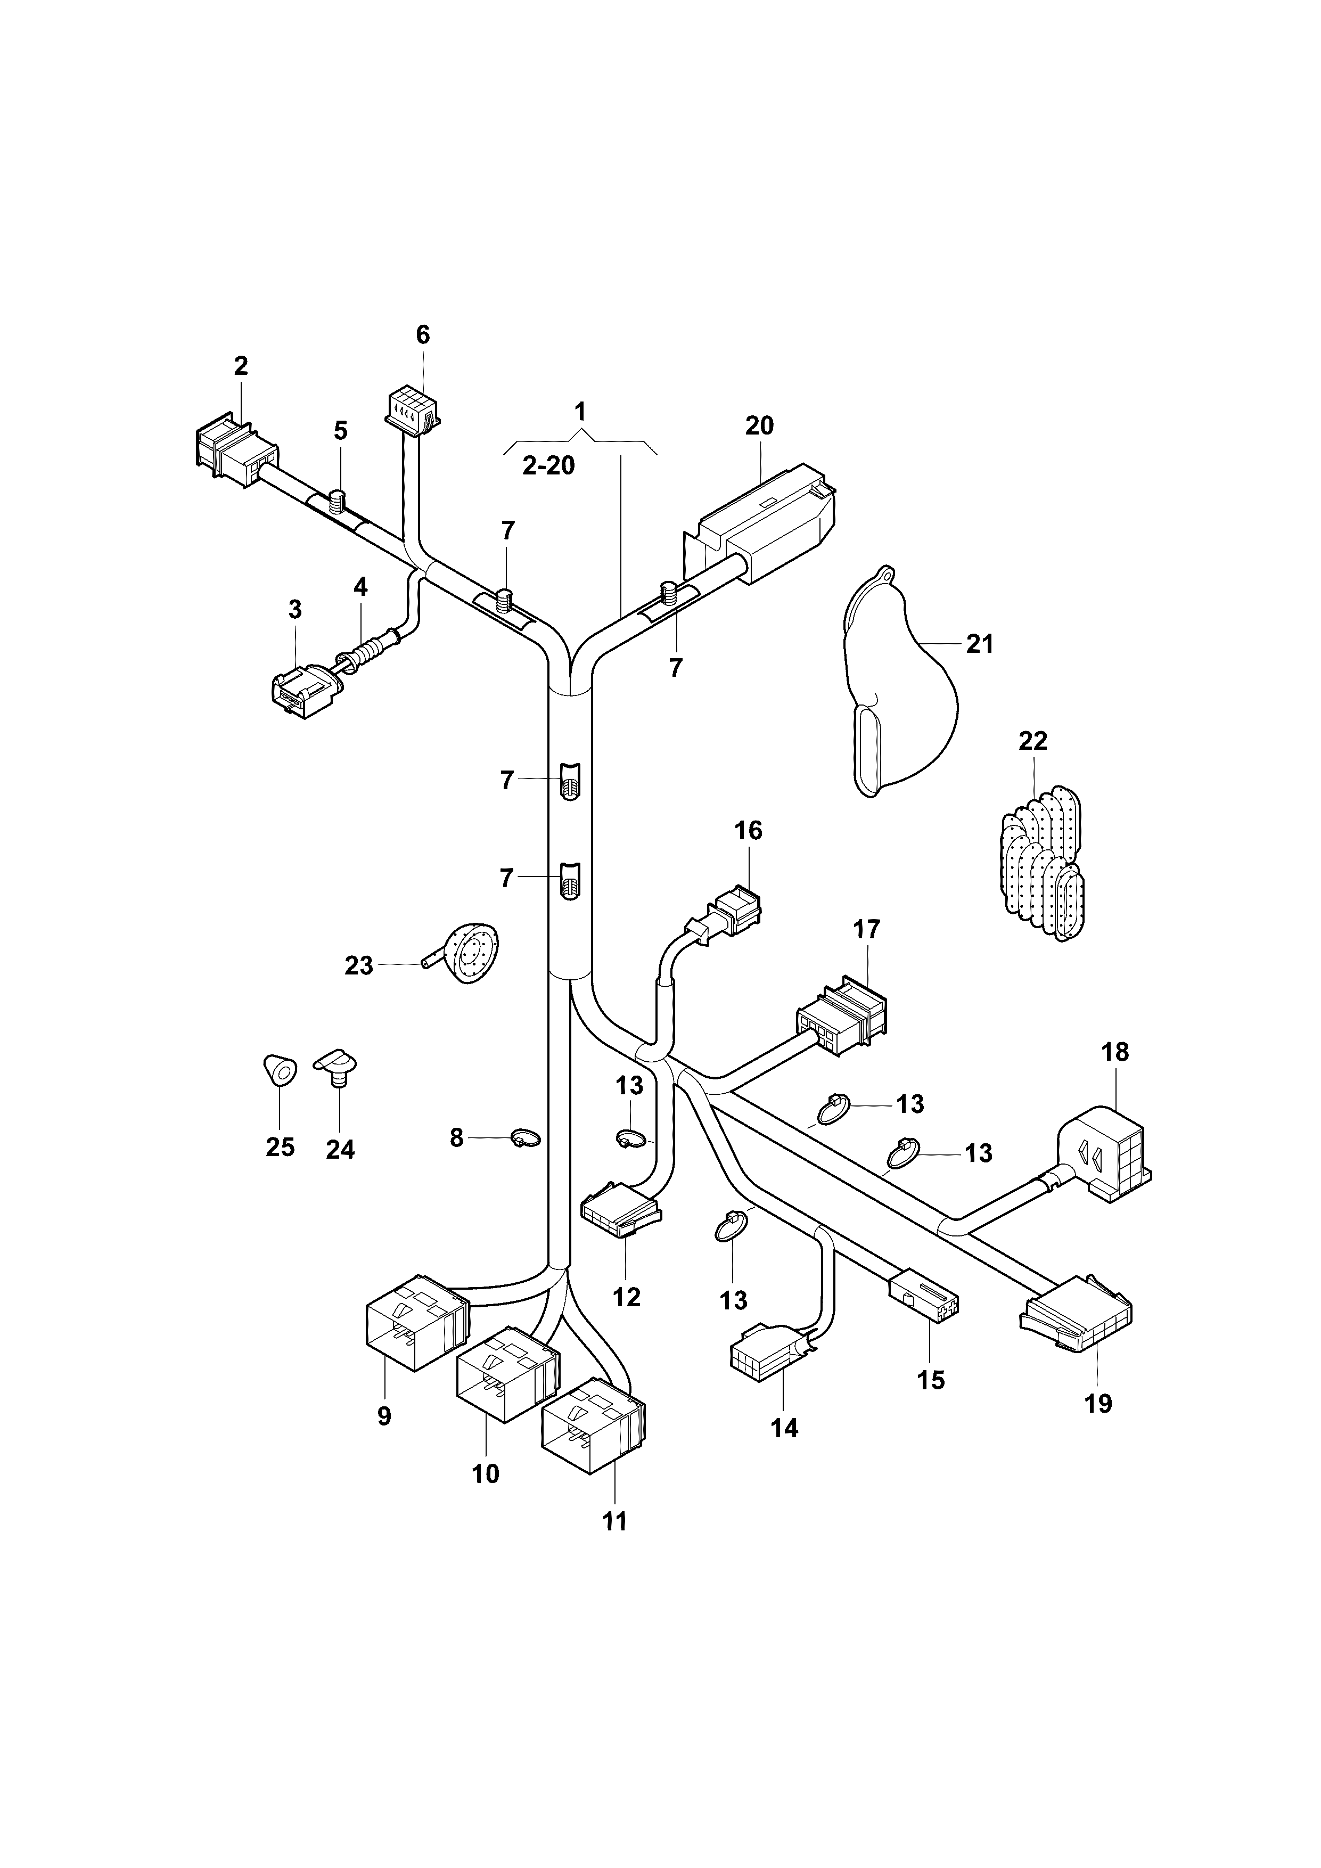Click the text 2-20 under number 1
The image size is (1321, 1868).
point(548,466)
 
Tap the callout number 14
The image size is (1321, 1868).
point(784,1427)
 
